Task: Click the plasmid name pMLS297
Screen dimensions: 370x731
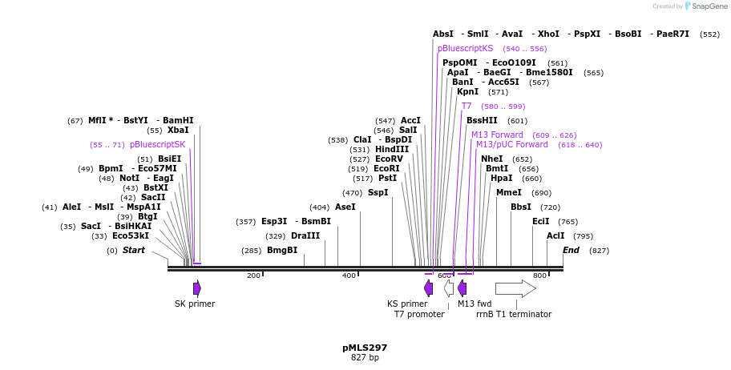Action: (365, 348)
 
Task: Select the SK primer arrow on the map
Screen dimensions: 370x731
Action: (197, 288)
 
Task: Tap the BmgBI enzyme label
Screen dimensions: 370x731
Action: (282, 251)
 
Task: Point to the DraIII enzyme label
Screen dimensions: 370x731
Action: (305, 236)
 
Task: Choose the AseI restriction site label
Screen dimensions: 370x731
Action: (345, 207)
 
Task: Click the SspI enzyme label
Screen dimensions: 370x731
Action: (378, 192)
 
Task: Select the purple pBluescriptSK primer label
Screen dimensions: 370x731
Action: (157, 144)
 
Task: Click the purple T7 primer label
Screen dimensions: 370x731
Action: (466, 106)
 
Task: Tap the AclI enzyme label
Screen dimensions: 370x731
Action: (555, 235)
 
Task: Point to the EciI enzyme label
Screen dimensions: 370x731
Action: (541, 221)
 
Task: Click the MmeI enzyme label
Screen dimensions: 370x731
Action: (509, 192)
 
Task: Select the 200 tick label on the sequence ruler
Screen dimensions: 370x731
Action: (253, 275)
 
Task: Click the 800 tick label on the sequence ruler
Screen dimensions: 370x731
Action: (539, 275)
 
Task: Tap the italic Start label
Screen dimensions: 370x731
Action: (134, 251)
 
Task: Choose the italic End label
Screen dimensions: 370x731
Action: (571, 251)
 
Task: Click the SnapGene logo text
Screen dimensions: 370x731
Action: (706, 6)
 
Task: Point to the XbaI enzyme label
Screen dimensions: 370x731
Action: (178, 130)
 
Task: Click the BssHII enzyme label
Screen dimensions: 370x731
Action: (482, 120)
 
